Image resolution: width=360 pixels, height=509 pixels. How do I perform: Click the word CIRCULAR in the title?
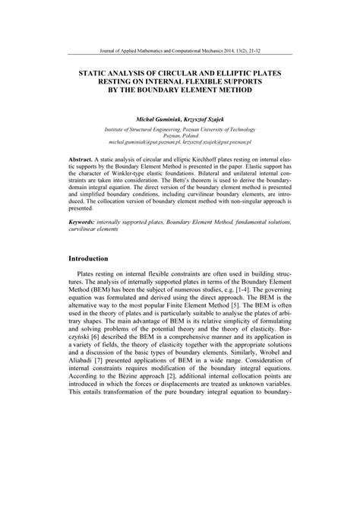172,71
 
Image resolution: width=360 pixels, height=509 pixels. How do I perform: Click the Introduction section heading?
92,259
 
